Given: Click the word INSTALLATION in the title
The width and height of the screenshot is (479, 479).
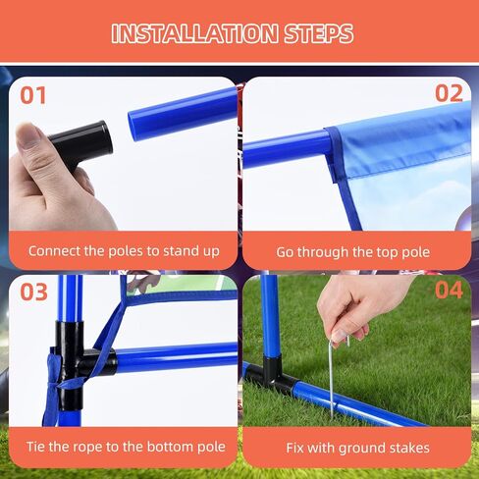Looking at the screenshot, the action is click(x=194, y=33).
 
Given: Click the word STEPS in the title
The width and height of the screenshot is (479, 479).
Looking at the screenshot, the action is click(x=318, y=33).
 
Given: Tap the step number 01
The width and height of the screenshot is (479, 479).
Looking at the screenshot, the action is click(x=33, y=95).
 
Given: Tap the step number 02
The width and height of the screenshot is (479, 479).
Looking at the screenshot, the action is click(x=449, y=93).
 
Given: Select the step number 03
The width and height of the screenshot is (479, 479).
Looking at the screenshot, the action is click(x=33, y=292).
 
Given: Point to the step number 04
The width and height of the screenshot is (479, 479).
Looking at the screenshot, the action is click(x=449, y=290).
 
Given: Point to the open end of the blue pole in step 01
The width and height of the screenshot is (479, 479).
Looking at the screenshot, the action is click(x=133, y=127).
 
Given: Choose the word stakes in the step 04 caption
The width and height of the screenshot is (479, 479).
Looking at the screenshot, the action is click(x=408, y=448).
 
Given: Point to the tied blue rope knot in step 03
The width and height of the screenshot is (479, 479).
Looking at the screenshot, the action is click(x=55, y=376).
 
